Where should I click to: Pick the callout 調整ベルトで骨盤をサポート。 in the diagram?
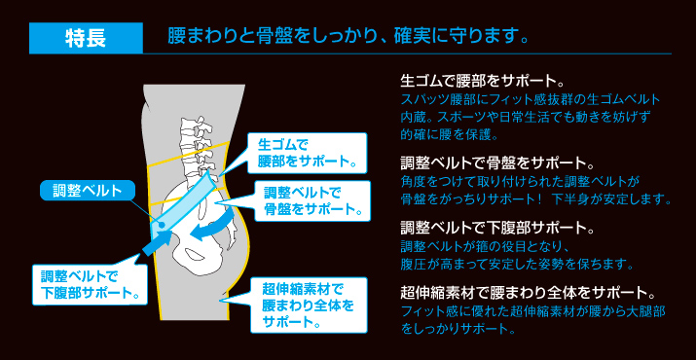[x=309, y=199]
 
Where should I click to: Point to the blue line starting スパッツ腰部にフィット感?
[x=531, y=100]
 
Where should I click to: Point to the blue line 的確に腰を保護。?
[x=449, y=135]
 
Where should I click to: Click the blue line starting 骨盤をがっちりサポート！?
[x=535, y=199]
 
